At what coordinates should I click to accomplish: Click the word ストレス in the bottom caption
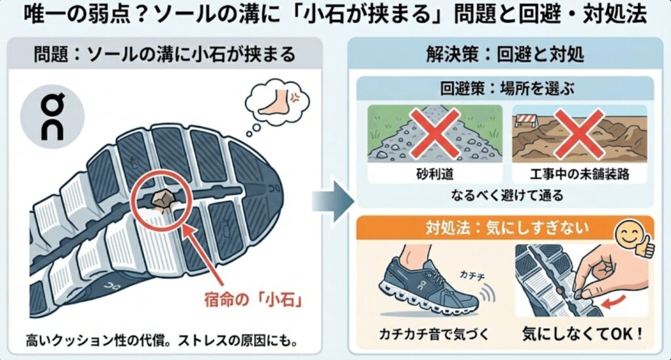pyautogui.click(x=203, y=341)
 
